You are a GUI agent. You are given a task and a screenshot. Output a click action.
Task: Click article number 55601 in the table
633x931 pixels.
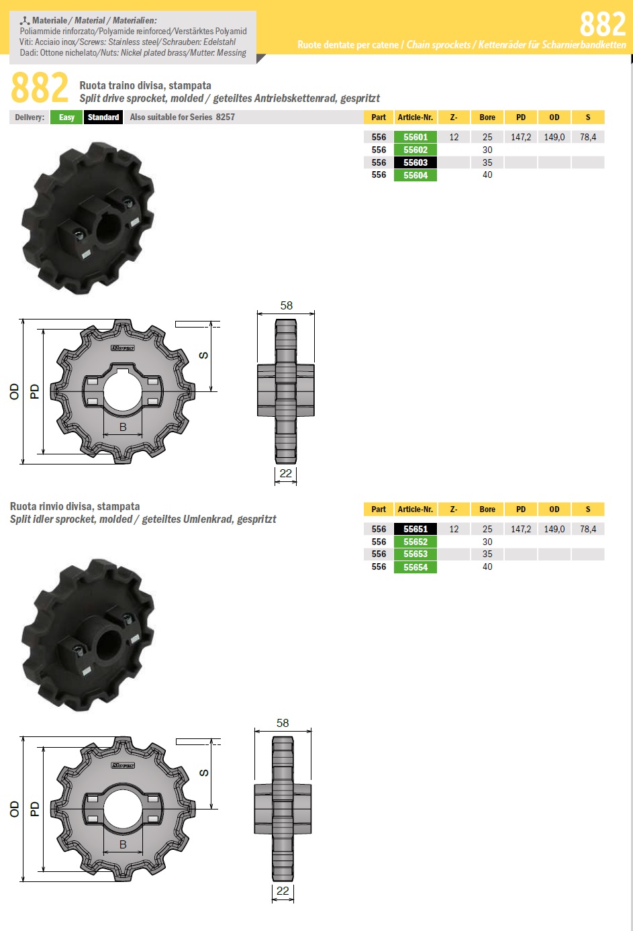[x=416, y=137]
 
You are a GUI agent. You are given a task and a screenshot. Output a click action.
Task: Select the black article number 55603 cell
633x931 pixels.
[x=416, y=162]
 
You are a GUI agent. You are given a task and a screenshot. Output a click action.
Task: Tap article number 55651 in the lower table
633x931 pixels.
[x=416, y=529]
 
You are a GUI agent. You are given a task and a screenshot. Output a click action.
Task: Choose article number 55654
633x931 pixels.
[x=416, y=567]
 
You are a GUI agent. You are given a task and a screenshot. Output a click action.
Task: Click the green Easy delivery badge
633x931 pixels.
[x=66, y=117]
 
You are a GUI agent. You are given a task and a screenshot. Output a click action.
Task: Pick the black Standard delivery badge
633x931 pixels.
[x=103, y=117]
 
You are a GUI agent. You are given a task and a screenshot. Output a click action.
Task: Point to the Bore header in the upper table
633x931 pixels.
[x=487, y=117]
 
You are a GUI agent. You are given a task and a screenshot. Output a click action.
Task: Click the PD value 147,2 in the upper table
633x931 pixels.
[x=521, y=137]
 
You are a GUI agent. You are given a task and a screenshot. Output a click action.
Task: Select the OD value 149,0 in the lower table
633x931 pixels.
[x=554, y=529]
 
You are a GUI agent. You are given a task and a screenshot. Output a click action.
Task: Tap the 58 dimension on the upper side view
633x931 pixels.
[x=287, y=305]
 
